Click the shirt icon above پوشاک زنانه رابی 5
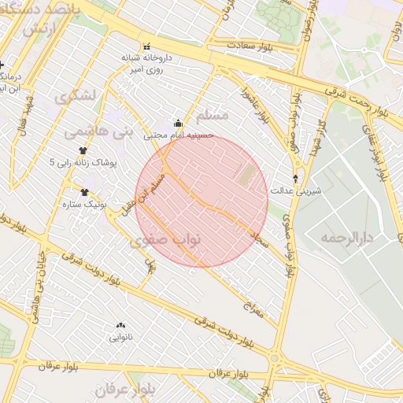83,150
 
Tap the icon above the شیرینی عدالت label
295,179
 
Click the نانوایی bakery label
120,337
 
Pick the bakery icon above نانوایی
120,325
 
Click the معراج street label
259,311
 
